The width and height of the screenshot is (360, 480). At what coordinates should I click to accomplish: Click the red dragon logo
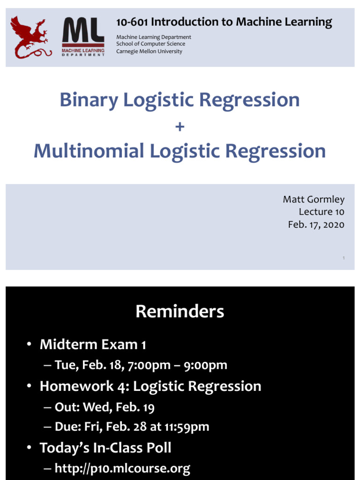pos(30,37)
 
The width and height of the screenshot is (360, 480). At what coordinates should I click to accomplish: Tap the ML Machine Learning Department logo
pos(83,37)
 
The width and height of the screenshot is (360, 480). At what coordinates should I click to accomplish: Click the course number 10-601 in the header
pos(133,22)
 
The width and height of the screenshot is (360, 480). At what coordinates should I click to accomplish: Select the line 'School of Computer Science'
pos(150,44)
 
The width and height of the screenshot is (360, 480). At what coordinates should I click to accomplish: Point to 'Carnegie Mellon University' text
pos(149,51)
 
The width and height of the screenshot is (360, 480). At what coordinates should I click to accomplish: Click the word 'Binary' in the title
pos(88,100)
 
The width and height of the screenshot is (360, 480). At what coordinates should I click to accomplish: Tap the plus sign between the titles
pos(180,127)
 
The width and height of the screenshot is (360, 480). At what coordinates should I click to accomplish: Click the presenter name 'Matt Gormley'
pos(313,199)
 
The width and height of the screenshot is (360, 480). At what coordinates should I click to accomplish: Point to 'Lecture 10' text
pos(321,212)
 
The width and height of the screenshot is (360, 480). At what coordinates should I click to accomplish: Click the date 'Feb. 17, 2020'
pos(316,225)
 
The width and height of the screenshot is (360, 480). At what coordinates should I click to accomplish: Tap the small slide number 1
pos(344,258)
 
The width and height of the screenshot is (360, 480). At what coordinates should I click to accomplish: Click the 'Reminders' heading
pos(180,311)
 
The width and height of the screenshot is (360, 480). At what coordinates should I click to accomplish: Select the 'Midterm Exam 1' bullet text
pos(93,345)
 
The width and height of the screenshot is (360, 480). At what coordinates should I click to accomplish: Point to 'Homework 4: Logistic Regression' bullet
pos(150,386)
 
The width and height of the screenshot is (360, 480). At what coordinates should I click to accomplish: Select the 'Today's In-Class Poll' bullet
pos(105,448)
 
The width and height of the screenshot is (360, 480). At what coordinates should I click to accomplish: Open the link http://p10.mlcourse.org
pos(122,468)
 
